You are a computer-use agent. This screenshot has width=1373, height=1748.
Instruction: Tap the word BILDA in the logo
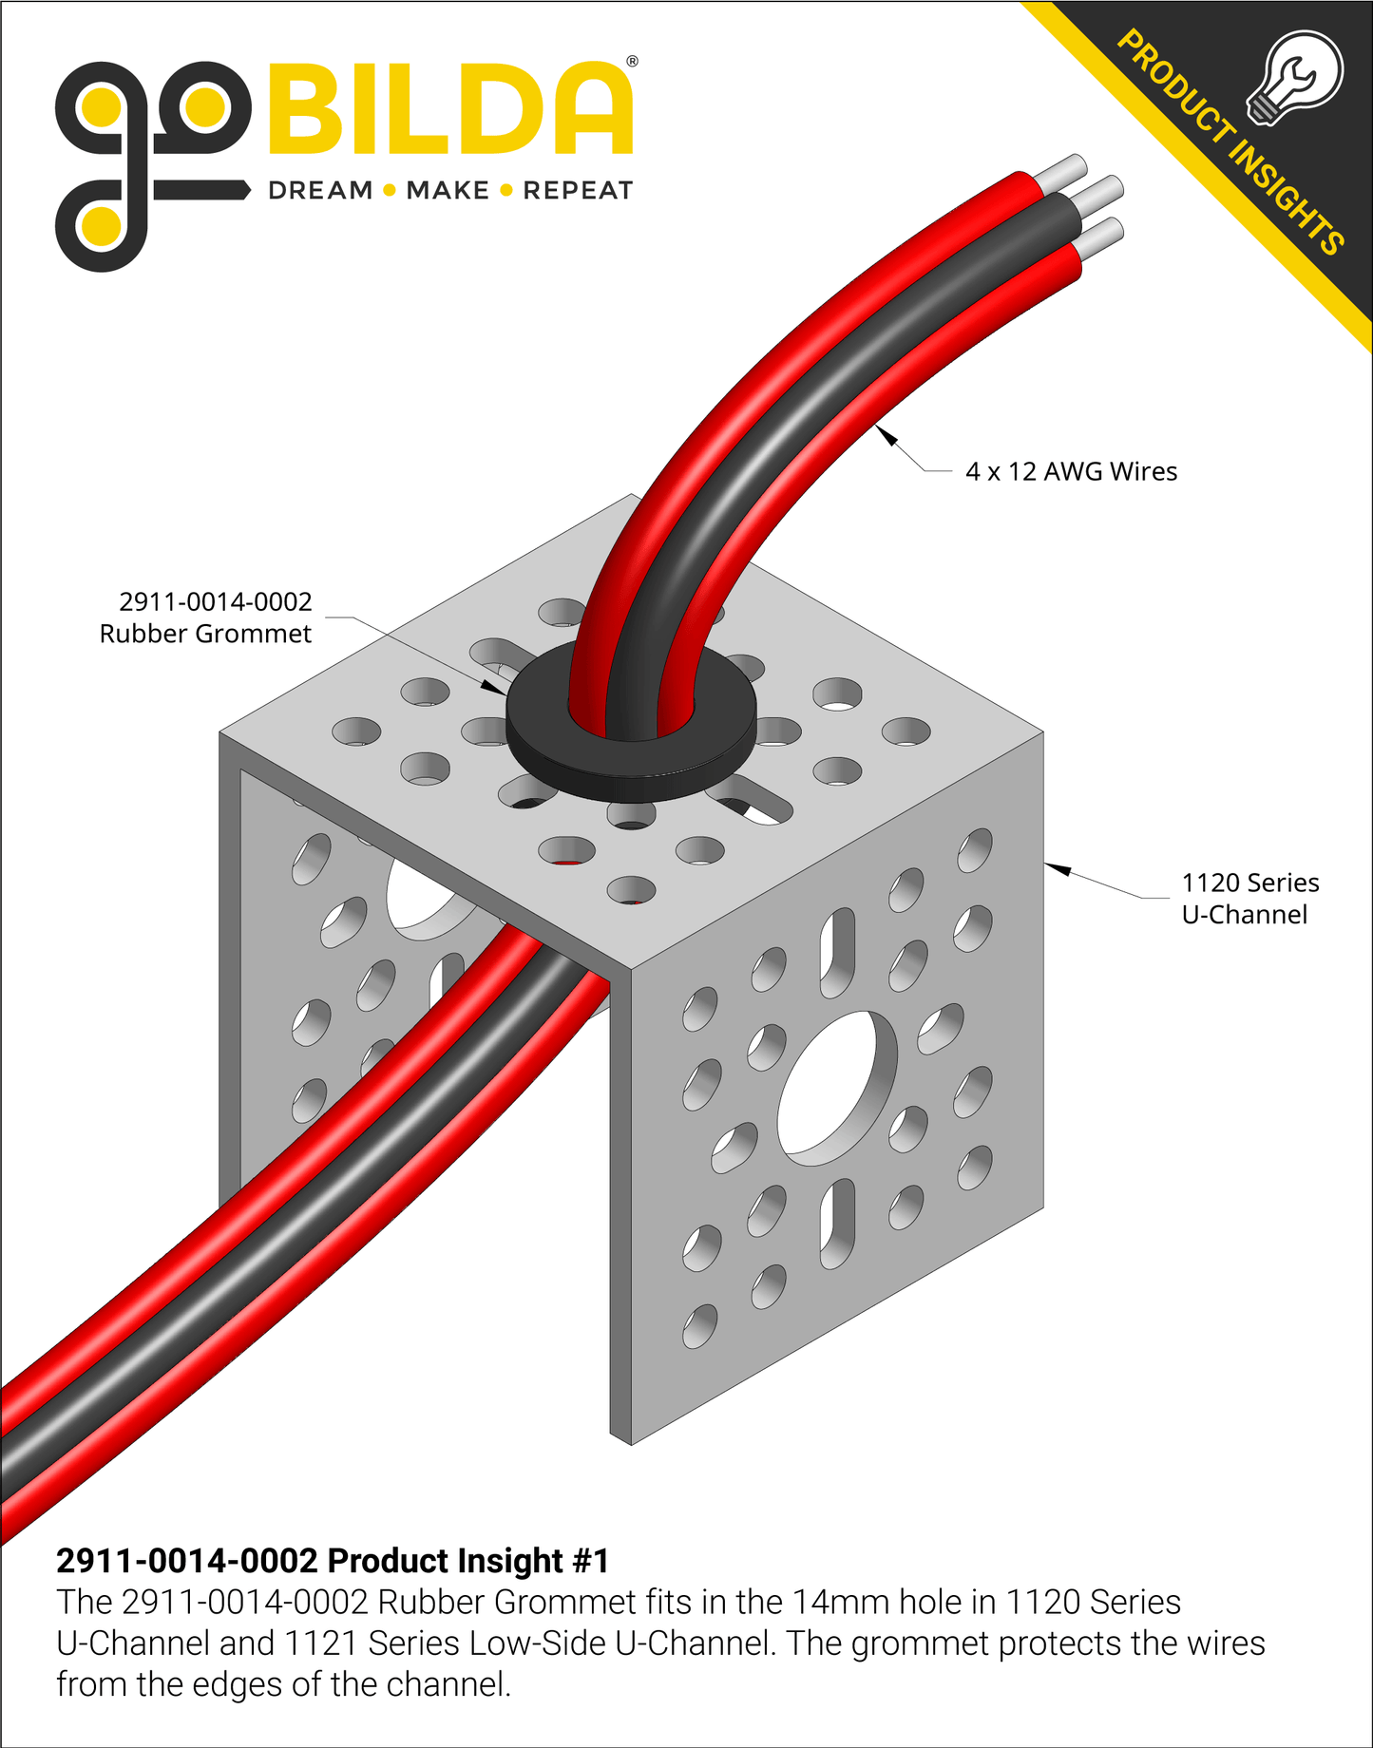click(451, 109)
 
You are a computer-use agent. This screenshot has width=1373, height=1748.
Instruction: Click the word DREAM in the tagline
click(320, 191)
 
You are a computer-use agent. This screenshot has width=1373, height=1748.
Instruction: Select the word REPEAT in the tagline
click(578, 191)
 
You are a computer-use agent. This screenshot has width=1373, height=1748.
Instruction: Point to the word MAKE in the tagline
click(448, 191)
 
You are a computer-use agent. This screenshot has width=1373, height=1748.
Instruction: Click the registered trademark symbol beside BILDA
click(632, 61)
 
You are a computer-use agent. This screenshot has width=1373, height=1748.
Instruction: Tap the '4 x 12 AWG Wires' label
click(1071, 472)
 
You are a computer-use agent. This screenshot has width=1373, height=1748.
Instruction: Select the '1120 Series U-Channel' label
click(1249, 899)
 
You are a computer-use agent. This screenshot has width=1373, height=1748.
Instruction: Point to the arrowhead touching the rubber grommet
click(493, 687)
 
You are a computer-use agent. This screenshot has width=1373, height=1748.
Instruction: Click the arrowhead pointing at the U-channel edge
click(1058, 868)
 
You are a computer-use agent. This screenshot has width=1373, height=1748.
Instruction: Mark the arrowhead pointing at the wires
click(887, 436)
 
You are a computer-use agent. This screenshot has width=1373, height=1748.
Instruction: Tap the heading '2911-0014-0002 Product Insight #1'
click(333, 1561)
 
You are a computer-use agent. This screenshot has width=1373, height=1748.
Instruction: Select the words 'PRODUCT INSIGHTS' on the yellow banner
click(1230, 142)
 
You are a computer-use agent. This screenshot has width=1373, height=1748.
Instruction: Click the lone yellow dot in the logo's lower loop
click(101, 226)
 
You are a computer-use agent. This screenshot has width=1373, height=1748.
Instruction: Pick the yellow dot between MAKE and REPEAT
click(506, 191)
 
